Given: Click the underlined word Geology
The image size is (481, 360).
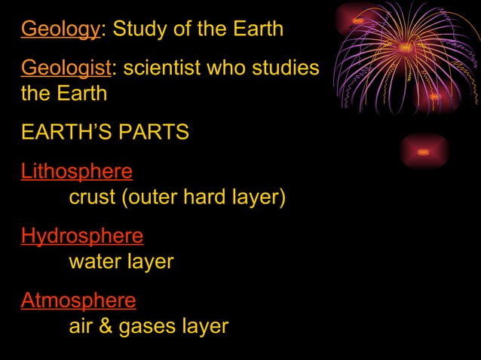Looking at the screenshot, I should [x=60, y=29].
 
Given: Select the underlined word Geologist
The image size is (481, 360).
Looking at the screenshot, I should [x=66, y=68].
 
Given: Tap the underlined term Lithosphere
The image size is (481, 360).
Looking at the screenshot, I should [x=76, y=172].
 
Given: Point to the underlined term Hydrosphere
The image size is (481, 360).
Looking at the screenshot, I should [x=81, y=236].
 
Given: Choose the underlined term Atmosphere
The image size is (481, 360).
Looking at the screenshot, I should [x=78, y=301].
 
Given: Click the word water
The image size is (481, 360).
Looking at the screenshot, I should [x=94, y=262].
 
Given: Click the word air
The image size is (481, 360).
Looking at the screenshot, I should [x=82, y=327].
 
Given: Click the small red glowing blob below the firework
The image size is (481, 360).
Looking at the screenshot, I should [x=423, y=152].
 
